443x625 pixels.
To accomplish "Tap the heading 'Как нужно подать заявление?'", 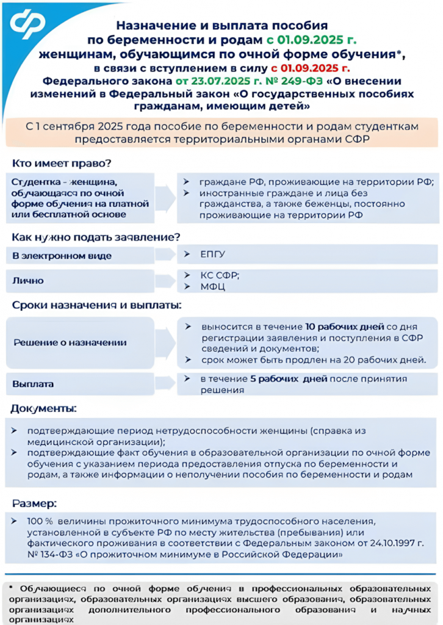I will [96, 237].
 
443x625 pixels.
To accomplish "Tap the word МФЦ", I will [212, 286].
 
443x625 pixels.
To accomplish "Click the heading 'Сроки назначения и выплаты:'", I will [98, 305].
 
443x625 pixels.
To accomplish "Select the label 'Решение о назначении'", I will [70, 342].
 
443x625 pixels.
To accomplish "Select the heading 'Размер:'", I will [35, 504].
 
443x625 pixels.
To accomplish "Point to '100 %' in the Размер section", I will [40, 522].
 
